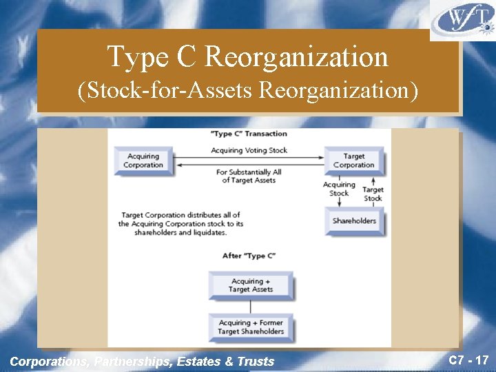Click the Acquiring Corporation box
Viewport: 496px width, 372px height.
[143, 161]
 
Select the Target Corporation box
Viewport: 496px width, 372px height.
[353, 161]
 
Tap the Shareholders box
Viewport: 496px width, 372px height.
[354, 221]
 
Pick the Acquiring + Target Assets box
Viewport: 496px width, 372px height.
[251, 285]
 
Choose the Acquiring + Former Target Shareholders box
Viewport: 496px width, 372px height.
[251, 327]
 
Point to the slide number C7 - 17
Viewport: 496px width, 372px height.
[468, 360]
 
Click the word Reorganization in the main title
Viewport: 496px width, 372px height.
[296, 56]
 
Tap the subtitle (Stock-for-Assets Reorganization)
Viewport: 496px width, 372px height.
[248, 90]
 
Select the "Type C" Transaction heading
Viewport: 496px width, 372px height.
[249, 134]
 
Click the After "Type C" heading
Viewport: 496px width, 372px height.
[249, 256]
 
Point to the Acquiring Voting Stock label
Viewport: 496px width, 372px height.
[249, 150]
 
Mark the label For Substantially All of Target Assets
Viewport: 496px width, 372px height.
[249, 176]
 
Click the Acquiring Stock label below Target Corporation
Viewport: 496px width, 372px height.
[339, 189]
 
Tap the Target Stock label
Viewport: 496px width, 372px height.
[373, 194]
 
